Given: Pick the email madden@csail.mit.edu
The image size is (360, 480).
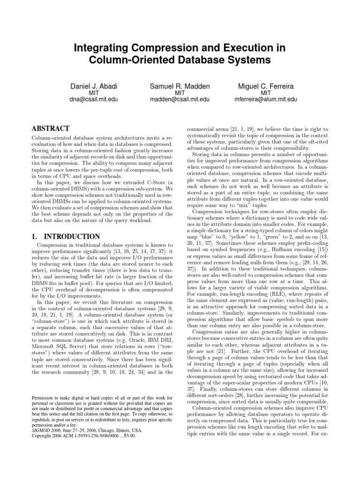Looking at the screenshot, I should point(180,99).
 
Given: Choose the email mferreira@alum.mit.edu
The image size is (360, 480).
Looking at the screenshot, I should point(265,99).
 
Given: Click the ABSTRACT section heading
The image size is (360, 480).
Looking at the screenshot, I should point(50,128).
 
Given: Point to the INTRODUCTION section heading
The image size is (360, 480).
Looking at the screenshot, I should point(71,237).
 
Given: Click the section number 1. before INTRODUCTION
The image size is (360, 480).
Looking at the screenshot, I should point(35,237).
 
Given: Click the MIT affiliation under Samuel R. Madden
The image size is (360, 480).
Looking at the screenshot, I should point(180,93).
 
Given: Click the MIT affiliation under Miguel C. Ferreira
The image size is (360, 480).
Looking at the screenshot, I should point(265,93).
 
